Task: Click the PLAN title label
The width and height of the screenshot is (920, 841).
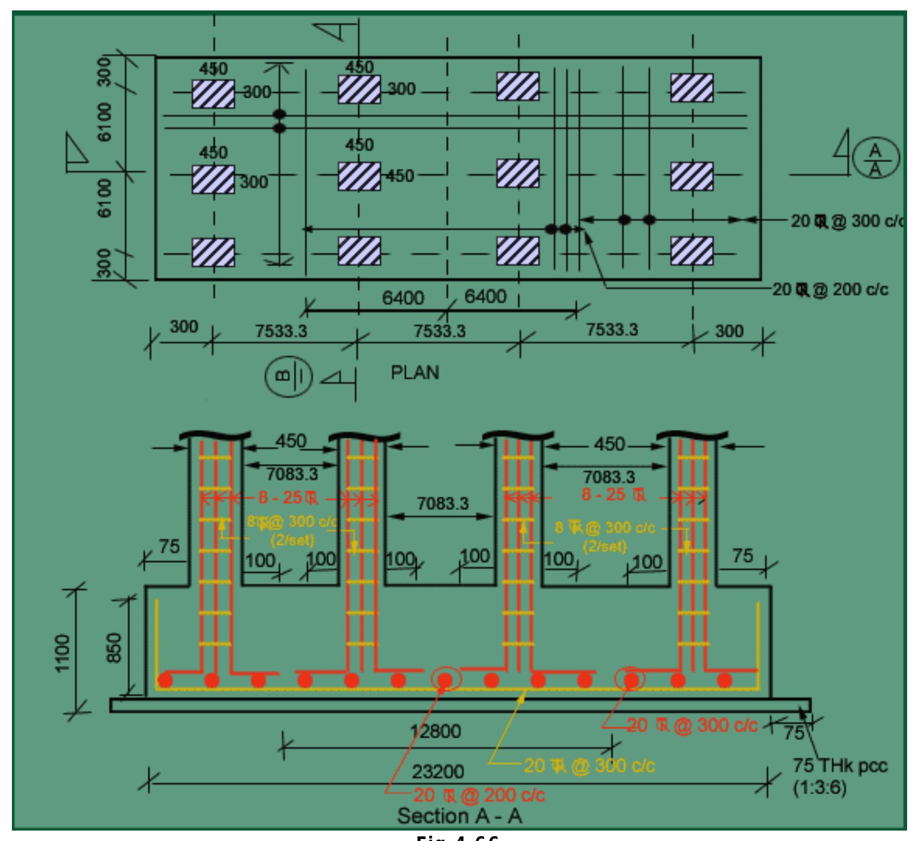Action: point(415,373)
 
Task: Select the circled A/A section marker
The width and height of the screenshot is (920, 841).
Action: point(876,158)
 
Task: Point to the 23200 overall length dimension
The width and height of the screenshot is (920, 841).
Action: point(437,771)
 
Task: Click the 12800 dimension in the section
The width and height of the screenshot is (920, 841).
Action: point(435,731)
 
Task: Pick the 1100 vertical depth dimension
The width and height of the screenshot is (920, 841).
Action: point(63,653)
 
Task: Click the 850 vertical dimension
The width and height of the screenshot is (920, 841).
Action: point(114,648)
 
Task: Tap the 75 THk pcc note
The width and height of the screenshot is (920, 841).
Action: point(840,765)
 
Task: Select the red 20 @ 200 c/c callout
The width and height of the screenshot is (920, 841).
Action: point(479,795)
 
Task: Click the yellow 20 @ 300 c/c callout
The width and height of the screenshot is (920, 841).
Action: point(589,765)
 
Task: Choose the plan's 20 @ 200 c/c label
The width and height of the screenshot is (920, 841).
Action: point(830,289)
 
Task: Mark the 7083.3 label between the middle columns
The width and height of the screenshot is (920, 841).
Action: point(442,504)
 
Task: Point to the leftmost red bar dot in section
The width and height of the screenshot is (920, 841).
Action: point(166,680)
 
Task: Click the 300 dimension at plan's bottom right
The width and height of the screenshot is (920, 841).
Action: point(729,331)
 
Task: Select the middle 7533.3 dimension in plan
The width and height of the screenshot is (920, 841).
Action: point(439,331)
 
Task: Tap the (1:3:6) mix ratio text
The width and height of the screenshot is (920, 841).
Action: point(819,788)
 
